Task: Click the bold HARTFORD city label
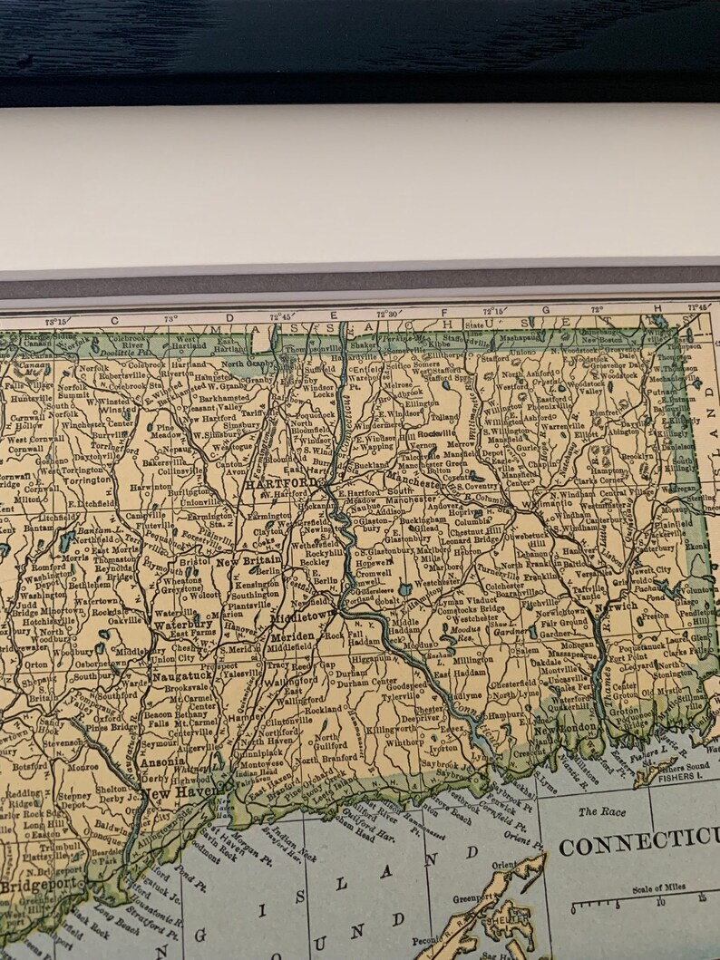click(282, 485)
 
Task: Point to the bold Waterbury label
click(182, 625)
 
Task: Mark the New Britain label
click(249, 562)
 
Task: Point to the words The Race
click(600, 811)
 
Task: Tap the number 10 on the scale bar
click(659, 901)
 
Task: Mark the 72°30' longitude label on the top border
click(387, 313)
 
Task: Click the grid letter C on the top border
click(114, 319)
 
